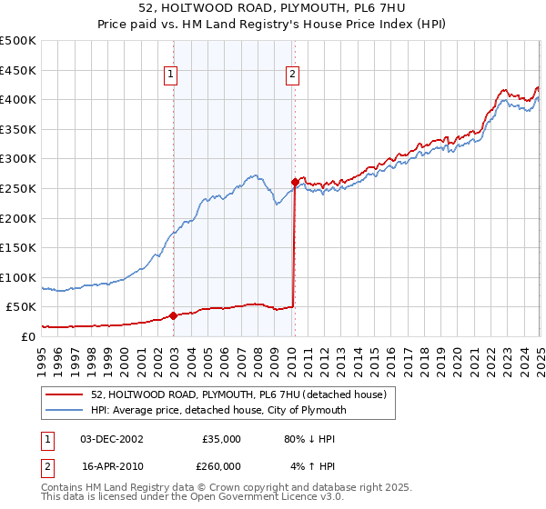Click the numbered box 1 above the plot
171,75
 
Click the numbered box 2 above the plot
292,75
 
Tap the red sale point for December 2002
173,316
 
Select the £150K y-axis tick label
18,247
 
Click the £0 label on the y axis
27,336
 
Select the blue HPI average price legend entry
219,410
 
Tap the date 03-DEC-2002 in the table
112,439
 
